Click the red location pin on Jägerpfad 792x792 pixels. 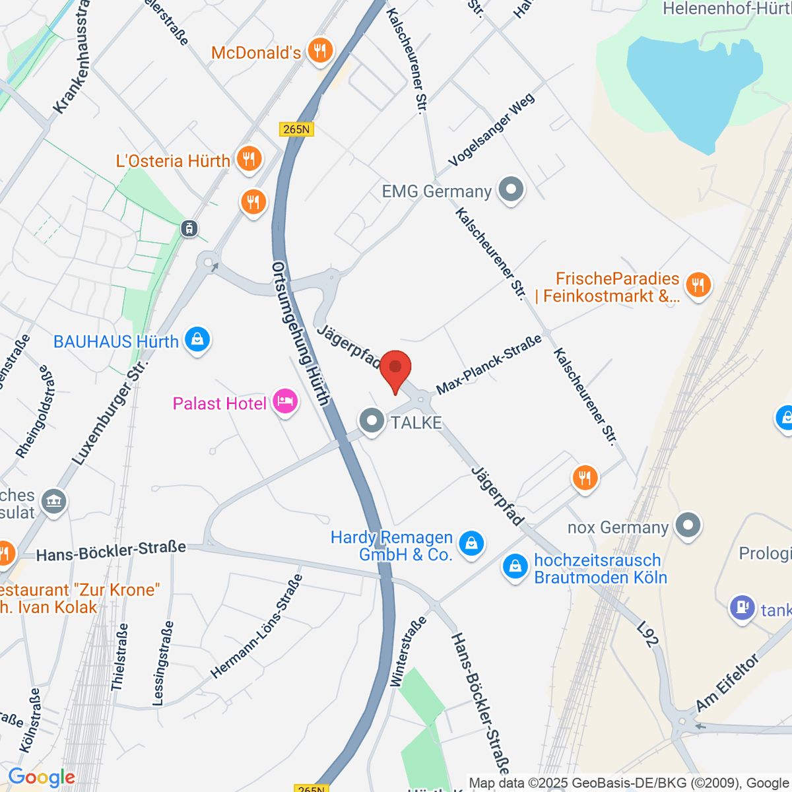(x=395, y=368)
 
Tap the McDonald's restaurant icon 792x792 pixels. (x=320, y=49)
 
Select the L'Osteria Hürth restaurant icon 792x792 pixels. (x=248, y=159)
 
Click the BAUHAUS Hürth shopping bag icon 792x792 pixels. (x=197, y=340)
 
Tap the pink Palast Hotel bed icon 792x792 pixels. (x=285, y=401)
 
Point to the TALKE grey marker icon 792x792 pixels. (x=372, y=420)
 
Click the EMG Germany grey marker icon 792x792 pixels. (x=510, y=190)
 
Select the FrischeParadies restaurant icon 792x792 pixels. (x=698, y=285)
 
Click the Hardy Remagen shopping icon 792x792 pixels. (x=471, y=544)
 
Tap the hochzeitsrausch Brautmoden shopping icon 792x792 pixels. (x=515, y=566)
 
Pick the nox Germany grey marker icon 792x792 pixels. (x=688, y=526)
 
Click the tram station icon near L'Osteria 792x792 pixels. (x=189, y=228)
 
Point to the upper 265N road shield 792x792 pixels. (x=296, y=129)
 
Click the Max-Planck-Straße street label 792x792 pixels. (x=489, y=364)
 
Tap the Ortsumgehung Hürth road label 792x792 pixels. (x=300, y=333)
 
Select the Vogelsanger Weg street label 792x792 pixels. (x=492, y=130)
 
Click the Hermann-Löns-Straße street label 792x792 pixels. (x=257, y=626)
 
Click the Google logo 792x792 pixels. (x=42, y=777)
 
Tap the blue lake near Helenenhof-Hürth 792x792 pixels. (x=693, y=86)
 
